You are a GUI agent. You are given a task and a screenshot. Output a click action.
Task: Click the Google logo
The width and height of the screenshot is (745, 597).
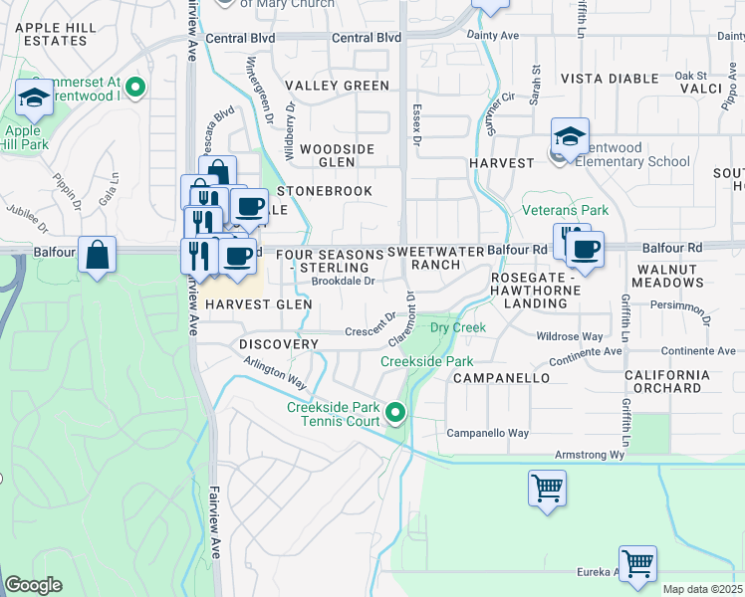[35, 585]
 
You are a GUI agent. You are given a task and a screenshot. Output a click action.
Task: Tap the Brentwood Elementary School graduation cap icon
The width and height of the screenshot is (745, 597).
[571, 137]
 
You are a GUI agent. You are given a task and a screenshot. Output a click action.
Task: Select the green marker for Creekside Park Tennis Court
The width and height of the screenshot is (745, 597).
[396, 412]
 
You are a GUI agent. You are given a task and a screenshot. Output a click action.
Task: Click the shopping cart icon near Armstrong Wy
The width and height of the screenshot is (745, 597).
[547, 489]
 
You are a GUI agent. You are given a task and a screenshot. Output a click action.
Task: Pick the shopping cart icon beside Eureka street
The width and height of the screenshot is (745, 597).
[637, 564]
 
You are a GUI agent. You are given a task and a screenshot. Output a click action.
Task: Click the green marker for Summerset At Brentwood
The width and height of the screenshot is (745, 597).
[136, 88]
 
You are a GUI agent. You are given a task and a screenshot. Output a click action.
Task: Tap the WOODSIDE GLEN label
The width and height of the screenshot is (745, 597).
[337, 155]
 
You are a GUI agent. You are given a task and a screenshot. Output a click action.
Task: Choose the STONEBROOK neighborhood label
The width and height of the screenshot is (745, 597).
[325, 190]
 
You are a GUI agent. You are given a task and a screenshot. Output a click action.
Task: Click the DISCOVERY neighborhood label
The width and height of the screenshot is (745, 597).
[279, 344]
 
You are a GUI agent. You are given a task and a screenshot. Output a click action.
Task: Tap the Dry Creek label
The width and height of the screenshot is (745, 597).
[457, 327]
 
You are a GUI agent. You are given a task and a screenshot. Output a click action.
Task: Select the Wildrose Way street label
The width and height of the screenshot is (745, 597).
[570, 337]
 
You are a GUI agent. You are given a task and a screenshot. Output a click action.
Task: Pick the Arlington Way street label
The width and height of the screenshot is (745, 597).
[275, 376]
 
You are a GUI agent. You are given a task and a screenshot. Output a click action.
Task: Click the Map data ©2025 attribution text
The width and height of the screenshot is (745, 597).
[702, 589]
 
